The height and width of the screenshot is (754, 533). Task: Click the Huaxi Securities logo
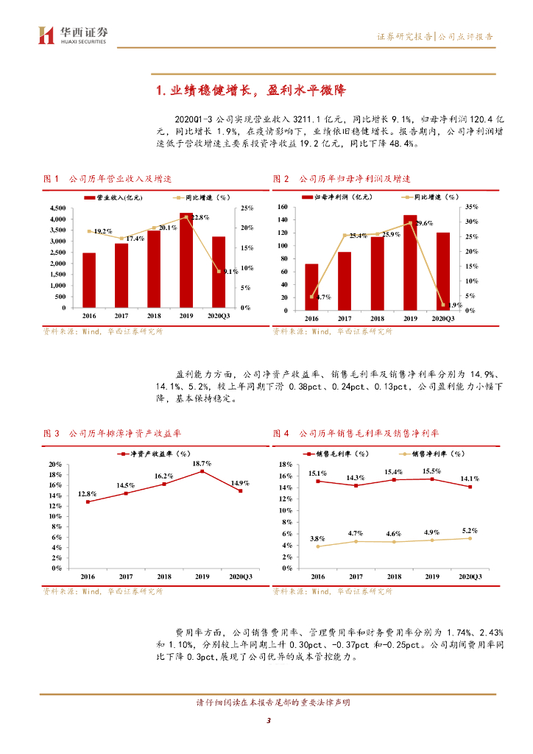pyautogui.click(x=72, y=35)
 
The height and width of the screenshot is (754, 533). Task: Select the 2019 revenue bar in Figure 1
pyautogui.click(x=186, y=260)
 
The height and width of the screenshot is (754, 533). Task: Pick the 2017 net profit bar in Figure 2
pyautogui.click(x=344, y=281)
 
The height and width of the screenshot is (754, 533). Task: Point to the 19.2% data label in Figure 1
pyautogui.click(x=102, y=231)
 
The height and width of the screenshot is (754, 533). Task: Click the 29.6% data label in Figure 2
pyautogui.click(x=423, y=222)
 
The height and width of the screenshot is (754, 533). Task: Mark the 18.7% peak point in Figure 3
pyautogui.click(x=202, y=471)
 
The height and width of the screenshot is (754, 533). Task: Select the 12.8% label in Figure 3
pyautogui.click(x=88, y=493)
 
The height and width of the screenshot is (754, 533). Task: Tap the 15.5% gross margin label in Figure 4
pyautogui.click(x=432, y=471)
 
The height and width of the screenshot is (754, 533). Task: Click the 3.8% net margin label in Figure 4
pyautogui.click(x=317, y=538)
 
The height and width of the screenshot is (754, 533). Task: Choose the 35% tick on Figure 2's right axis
pyautogui.click(x=472, y=208)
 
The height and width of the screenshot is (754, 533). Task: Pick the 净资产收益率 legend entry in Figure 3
pyautogui.click(x=155, y=454)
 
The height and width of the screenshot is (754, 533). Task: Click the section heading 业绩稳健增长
pyautogui.click(x=251, y=91)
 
